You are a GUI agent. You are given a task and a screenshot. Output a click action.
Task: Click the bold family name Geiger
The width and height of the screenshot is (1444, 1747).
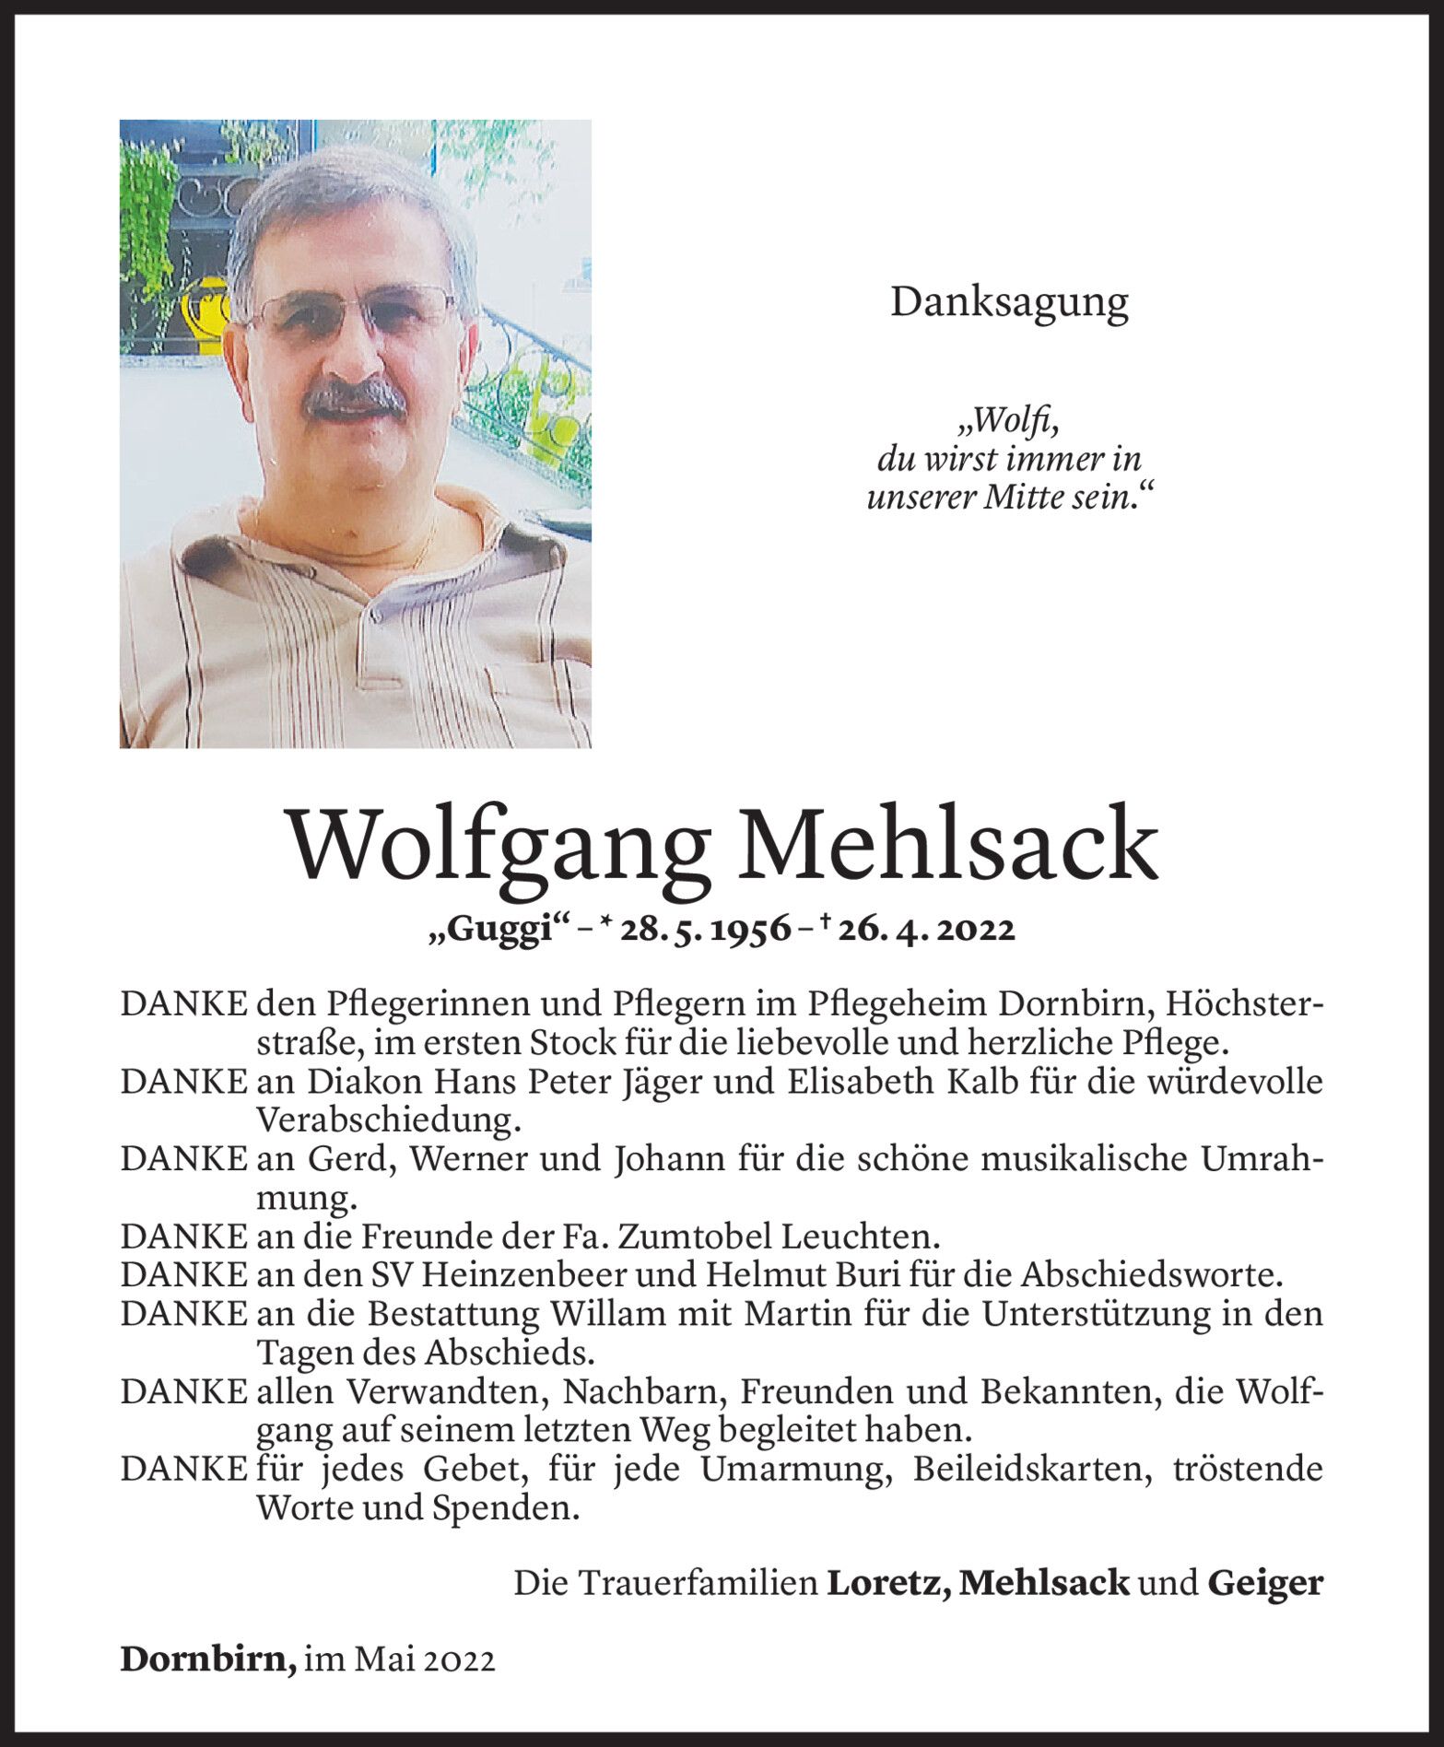point(1264,1583)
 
